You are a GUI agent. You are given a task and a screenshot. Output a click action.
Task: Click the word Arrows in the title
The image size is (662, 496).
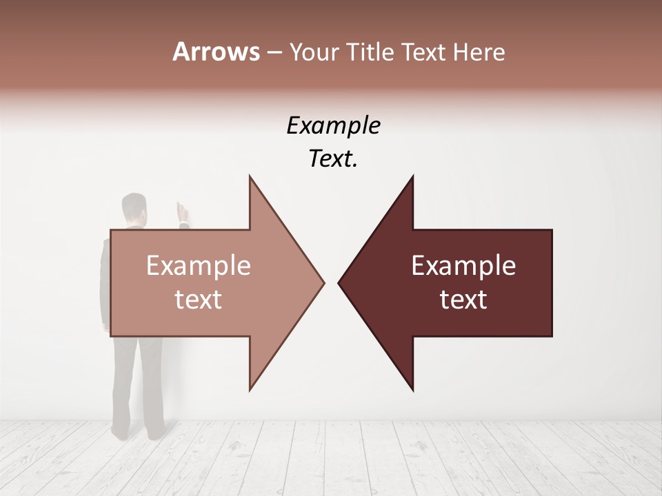click(216, 52)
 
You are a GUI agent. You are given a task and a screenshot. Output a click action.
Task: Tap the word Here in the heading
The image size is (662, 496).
click(477, 52)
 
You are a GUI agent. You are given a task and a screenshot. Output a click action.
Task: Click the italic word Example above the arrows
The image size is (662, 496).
click(333, 126)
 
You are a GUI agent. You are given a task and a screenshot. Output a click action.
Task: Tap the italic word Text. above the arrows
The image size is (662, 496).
click(333, 159)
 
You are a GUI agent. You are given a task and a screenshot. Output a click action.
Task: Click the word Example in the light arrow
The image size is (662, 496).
click(199, 266)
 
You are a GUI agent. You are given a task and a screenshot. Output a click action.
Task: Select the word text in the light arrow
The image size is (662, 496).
click(199, 300)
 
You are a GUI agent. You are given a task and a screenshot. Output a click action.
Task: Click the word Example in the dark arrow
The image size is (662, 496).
click(463, 266)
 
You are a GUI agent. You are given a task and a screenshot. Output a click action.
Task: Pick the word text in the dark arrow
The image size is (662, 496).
click(463, 300)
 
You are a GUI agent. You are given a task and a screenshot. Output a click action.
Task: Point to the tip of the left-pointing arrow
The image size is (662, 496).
click(339, 282)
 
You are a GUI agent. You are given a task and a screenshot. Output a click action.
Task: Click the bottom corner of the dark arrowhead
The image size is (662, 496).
click(412, 389)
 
